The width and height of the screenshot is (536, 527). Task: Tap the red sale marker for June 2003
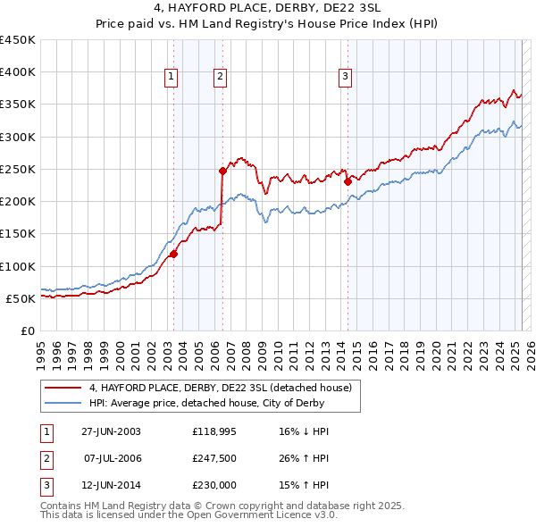pyautogui.click(x=174, y=254)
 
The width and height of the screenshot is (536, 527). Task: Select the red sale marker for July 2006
pyautogui.click(x=222, y=170)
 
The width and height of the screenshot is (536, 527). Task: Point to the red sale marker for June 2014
pyautogui.click(x=348, y=181)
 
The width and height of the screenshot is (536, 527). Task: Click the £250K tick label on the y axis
pyautogui.click(x=18, y=169)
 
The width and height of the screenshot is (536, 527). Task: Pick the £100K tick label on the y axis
pyautogui.click(x=18, y=266)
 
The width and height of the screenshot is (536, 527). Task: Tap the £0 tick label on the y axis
pyautogui.click(x=27, y=330)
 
